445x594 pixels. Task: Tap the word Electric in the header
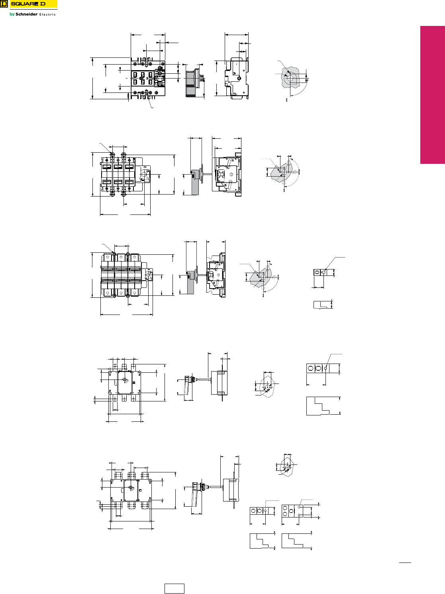pyautogui.click(x=47, y=15)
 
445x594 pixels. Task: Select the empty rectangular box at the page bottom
pyautogui.click(x=174, y=588)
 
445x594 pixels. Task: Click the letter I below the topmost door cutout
pyautogui.click(x=286, y=100)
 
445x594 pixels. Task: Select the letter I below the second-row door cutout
pyautogui.click(x=284, y=191)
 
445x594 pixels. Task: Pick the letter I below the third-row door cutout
pyautogui.click(x=263, y=295)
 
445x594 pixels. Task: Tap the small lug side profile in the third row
pyautogui.click(x=322, y=305)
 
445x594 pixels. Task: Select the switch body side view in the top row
pyautogui.click(x=237, y=78)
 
